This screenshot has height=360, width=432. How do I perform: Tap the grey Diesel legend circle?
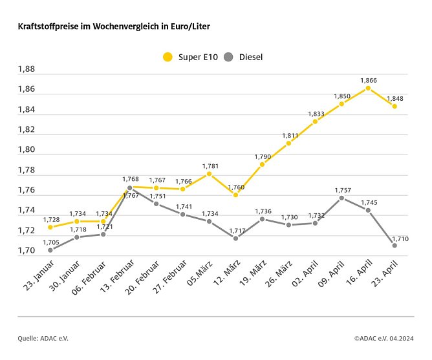tap(229, 57)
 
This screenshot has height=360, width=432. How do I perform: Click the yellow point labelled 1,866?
tap(368, 88)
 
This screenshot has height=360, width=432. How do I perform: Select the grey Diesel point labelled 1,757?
tap(341, 198)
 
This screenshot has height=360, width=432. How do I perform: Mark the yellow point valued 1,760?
tap(235, 195)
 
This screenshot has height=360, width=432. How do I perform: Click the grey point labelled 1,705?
tap(50, 250)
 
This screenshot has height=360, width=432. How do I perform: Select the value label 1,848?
tap(394, 99)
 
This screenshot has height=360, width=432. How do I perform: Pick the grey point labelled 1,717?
tap(235, 238)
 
